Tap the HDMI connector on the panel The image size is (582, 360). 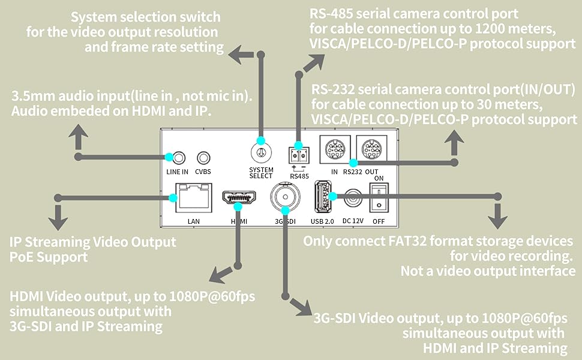[x=239, y=199]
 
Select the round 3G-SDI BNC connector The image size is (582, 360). [x=284, y=196]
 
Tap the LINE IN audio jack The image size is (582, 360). [x=177, y=158]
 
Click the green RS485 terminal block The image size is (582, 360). [x=298, y=154]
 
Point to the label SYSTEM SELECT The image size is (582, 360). [x=261, y=173]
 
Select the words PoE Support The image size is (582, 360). [x=49, y=257]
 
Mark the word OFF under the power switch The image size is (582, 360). [x=379, y=221]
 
